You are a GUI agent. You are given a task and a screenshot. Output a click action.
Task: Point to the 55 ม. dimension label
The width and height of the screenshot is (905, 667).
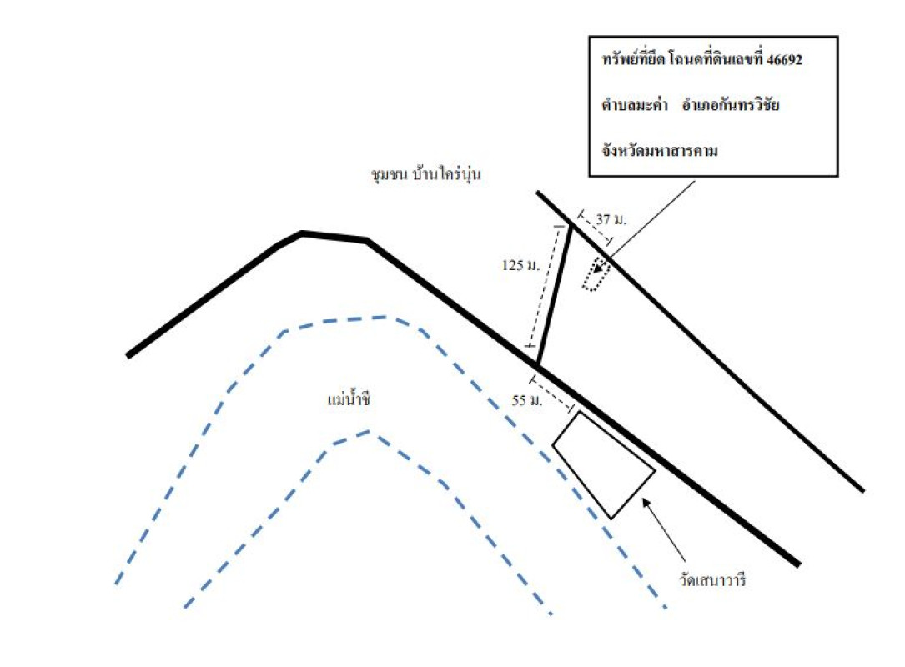click(527, 401)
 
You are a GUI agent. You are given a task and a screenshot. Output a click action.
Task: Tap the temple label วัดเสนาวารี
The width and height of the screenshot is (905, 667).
click(709, 577)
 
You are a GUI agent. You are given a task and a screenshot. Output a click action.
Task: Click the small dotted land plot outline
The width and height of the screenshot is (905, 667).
click(596, 275)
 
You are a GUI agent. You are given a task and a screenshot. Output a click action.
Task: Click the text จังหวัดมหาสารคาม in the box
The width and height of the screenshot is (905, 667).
click(660, 152)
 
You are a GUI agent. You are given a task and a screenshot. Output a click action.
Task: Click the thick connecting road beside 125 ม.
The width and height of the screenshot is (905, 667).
click(555, 297)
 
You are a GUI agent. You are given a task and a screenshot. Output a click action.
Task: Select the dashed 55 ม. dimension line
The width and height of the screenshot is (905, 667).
click(551, 396)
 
